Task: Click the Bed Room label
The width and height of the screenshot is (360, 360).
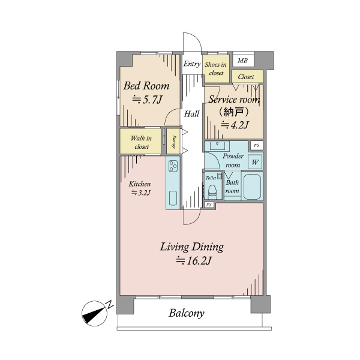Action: [x=146, y=86]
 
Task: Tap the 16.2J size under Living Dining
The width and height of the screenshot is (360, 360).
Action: [x=193, y=260]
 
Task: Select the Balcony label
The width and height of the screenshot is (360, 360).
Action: [x=186, y=313]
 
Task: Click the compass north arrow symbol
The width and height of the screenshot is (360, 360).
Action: [x=95, y=313]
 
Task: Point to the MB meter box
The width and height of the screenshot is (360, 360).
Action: [x=243, y=61]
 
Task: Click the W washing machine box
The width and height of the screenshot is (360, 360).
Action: [x=255, y=163]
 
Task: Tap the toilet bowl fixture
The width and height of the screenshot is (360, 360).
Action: [x=212, y=191]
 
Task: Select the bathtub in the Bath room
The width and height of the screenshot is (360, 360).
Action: [x=252, y=187]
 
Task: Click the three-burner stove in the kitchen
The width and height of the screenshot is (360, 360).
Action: [x=173, y=166]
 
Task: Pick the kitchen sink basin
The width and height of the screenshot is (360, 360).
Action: [x=173, y=198]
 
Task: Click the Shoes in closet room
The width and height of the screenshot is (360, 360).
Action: [x=216, y=68]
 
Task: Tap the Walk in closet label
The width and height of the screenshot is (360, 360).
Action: [x=141, y=142]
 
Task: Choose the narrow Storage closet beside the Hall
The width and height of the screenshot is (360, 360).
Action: [x=173, y=141]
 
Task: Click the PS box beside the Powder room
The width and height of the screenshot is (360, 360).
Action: [x=256, y=145]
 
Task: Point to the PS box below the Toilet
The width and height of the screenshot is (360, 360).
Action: [x=209, y=205]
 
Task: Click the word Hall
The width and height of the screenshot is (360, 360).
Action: [x=192, y=114]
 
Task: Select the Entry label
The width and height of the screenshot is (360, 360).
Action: [x=192, y=64]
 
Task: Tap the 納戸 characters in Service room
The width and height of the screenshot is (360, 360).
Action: [x=233, y=112]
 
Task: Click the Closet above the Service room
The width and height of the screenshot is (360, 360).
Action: [x=247, y=76]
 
